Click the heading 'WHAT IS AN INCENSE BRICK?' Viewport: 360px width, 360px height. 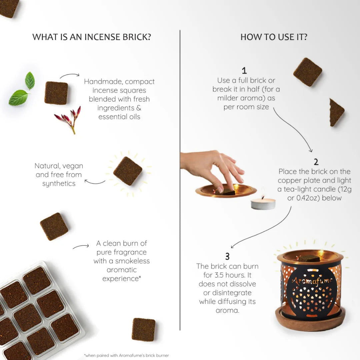92,37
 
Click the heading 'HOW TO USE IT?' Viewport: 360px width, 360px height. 274,37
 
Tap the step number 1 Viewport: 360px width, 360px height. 244,71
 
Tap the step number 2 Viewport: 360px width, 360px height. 316,162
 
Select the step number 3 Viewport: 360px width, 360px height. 227,257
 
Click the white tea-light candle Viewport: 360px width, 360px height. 263,203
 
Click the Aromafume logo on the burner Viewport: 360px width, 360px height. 312,281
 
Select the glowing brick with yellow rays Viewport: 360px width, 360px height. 128,171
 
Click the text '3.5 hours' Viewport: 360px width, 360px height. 234,275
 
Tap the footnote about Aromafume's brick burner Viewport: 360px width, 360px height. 127,355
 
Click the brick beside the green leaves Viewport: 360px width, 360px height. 56,93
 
